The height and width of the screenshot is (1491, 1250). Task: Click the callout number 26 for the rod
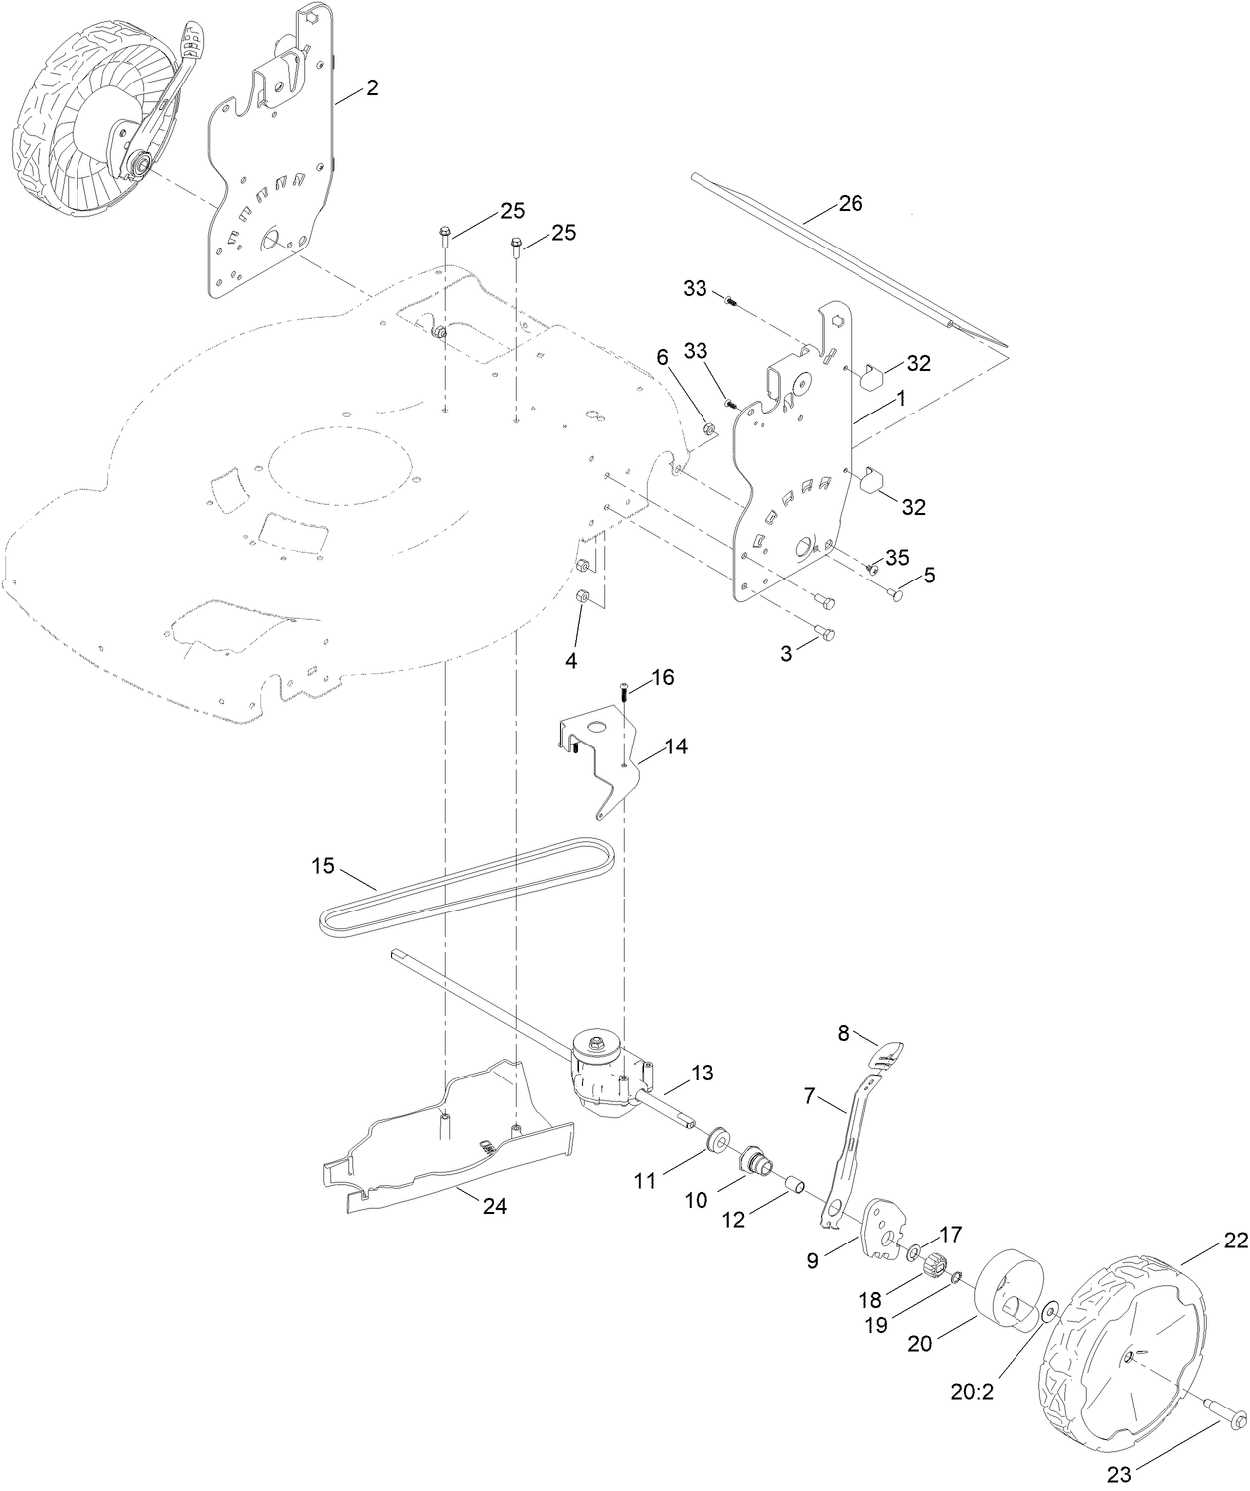pyautogui.click(x=850, y=204)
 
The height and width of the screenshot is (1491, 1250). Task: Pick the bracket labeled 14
pyautogui.click(x=596, y=755)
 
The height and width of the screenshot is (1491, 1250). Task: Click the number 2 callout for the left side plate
pyautogui.click(x=371, y=88)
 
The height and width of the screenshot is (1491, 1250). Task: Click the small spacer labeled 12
pyautogui.click(x=794, y=1185)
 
